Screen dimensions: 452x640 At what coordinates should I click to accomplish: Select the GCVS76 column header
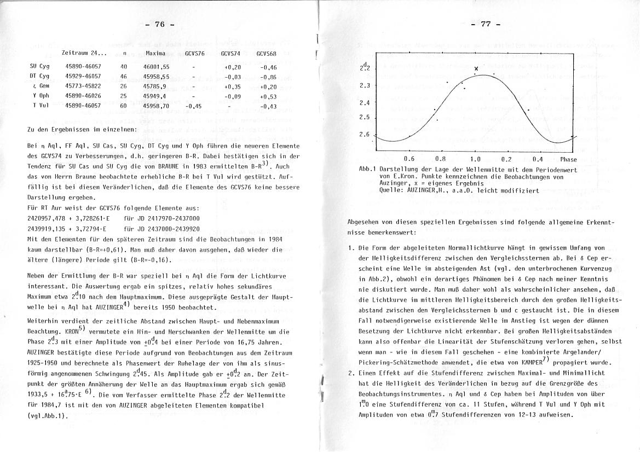click(x=195, y=53)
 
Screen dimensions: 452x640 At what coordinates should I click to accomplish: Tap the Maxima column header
click(x=155, y=53)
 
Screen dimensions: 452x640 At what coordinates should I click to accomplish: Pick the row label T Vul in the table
click(x=37, y=106)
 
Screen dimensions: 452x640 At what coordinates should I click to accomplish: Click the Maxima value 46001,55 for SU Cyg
click(x=156, y=66)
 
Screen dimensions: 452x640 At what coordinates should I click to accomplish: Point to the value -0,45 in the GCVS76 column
click(x=194, y=106)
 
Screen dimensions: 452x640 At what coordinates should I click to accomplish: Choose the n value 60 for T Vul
click(x=124, y=106)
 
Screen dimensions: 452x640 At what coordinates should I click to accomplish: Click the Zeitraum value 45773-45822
click(x=83, y=86)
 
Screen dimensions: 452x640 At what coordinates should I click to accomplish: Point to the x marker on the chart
click(x=476, y=68)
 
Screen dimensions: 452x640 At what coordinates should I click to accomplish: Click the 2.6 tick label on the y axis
click(x=365, y=135)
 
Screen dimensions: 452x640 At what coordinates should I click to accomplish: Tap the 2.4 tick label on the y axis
click(x=365, y=103)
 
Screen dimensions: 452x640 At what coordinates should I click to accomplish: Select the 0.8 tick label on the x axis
click(x=440, y=159)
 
